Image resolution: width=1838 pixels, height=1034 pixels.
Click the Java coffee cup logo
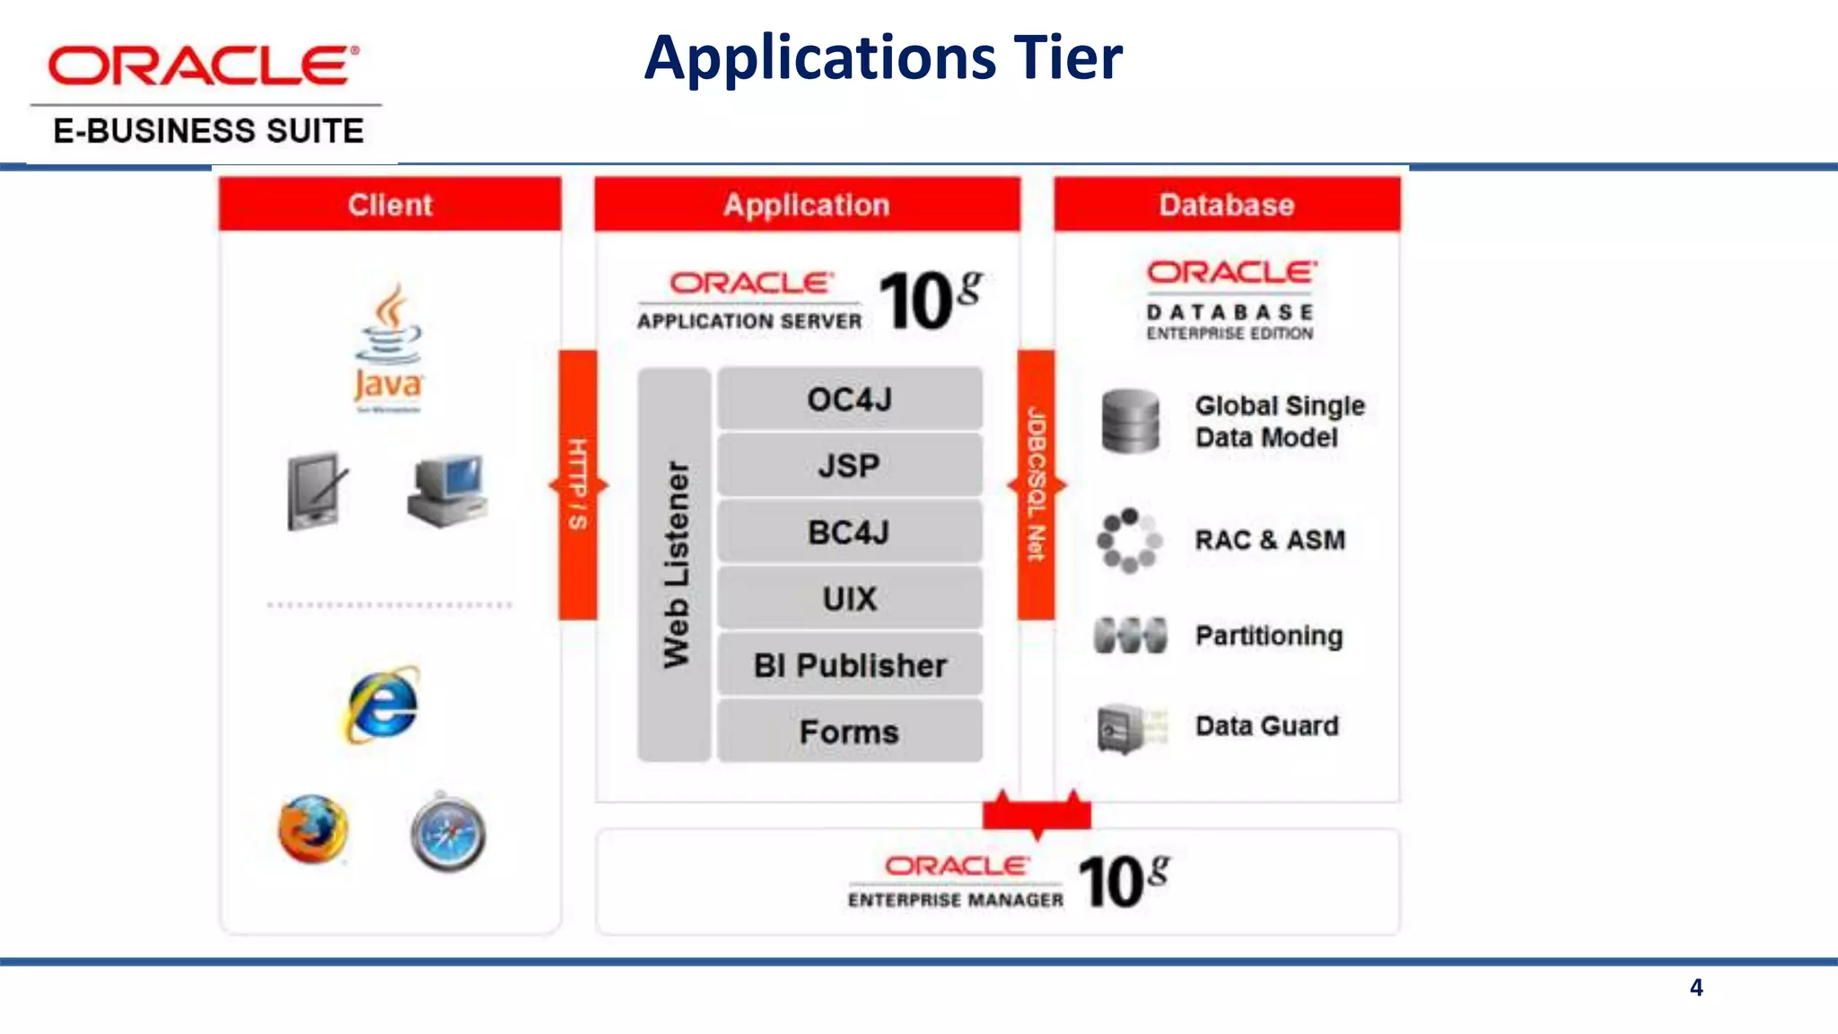click(389, 346)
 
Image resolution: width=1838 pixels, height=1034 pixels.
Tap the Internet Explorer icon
click(382, 705)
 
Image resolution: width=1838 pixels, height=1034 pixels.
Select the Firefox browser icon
click(312, 829)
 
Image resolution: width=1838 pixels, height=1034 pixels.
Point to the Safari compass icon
click(448, 833)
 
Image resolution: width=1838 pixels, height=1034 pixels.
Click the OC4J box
click(849, 399)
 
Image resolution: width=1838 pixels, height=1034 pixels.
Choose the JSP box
click(849, 466)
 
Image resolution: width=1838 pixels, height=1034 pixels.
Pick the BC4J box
click(849, 532)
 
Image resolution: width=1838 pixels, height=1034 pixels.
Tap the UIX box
click(849, 599)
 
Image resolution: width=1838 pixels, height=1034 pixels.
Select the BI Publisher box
click(849, 665)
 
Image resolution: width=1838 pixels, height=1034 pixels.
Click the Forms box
click(849, 732)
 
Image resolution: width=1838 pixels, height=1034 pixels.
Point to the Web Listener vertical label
click(676, 565)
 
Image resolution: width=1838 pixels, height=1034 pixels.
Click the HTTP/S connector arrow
click(578, 485)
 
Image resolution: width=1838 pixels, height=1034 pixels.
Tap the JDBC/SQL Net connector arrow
click(1037, 485)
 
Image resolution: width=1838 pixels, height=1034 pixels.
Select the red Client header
click(390, 205)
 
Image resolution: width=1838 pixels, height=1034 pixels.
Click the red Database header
click(1227, 205)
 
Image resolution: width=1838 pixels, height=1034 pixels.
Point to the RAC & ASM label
click(1270, 540)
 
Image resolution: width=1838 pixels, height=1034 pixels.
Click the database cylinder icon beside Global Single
click(1130, 421)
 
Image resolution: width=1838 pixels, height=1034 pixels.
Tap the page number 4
click(1696, 987)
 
